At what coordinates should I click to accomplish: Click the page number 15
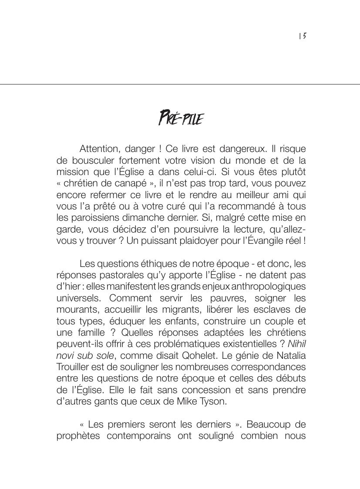(303, 37)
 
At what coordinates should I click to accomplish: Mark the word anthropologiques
(269, 287)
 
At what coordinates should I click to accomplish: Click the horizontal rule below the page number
(180, 84)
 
